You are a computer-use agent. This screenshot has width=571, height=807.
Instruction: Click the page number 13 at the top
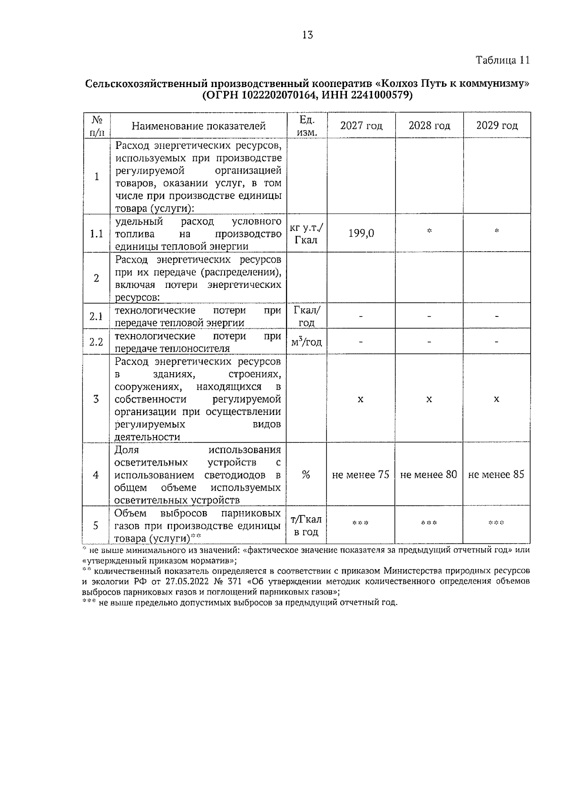point(307,35)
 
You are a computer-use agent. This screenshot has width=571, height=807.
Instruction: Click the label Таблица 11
point(502,60)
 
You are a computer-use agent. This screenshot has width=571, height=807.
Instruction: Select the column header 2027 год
point(361,126)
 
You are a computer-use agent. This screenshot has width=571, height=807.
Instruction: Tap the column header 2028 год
point(429,126)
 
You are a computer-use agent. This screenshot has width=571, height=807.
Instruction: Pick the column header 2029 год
point(497,126)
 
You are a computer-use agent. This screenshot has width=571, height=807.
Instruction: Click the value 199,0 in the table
point(361,233)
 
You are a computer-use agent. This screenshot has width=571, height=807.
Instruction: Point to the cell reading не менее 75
point(361,474)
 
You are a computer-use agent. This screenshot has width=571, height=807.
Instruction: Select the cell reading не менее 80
point(429,474)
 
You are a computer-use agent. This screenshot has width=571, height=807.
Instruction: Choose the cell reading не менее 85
point(496,474)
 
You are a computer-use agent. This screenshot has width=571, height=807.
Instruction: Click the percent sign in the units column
point(306,474)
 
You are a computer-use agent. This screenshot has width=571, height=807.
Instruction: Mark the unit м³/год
point(306,342)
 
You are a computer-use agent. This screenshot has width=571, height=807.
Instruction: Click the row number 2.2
point(97,342)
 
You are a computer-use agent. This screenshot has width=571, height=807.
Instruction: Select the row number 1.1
point(97,234)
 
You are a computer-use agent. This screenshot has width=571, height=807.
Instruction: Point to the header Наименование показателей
point(198,126)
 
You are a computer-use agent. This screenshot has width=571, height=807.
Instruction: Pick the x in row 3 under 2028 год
point(429,399)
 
